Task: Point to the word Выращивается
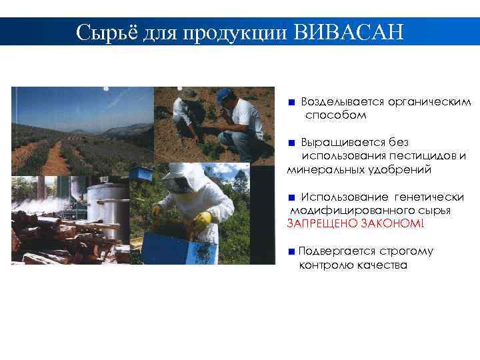[x=337, y=142]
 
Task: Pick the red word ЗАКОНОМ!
[x=392, y=223]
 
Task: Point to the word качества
[x=381, y=265]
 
